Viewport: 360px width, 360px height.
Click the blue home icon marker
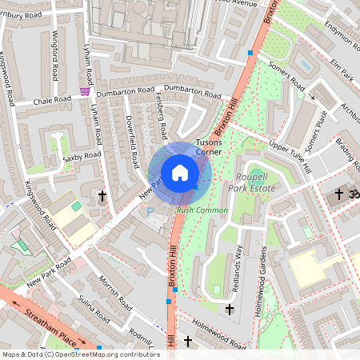click(180, 173)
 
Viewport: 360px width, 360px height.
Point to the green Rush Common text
click(202, 210)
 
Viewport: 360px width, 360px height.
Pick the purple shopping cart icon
click(85, 92)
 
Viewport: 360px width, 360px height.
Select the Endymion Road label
click(336, 31)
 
